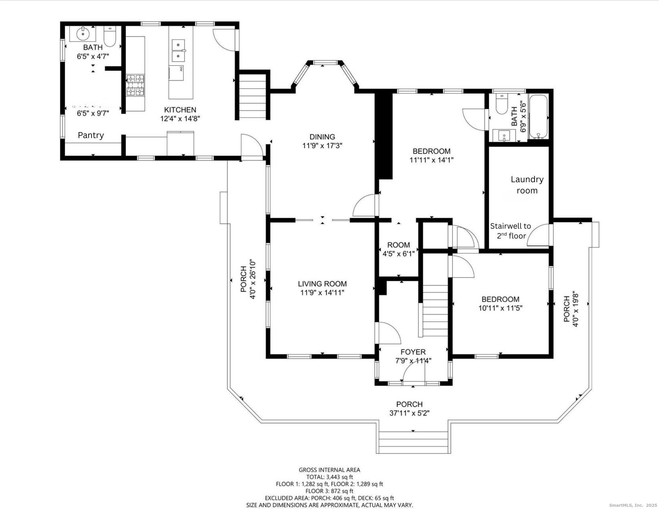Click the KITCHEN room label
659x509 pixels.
click(x=180, y=110)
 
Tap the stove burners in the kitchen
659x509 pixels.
click(x=135, y=85)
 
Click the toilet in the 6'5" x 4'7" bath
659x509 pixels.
click(x=110, y=37)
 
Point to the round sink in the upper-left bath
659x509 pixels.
click(x=82, y=33)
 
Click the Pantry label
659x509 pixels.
click(x=91, y=135)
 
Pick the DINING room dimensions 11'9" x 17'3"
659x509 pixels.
click(x=322, y=145)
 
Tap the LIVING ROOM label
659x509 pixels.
click(x=322, y=284)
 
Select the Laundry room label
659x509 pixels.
click(x=527, y=185)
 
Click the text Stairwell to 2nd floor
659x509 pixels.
click(x=510, y=231)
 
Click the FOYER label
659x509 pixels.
click(x=413, y=352)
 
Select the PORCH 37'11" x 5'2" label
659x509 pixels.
click(x=409, y=409)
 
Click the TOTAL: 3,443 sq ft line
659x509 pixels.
click(x=329, y=477)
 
